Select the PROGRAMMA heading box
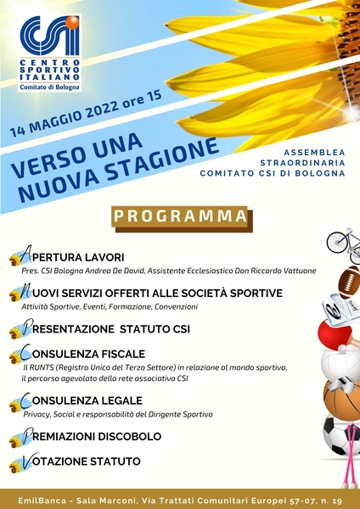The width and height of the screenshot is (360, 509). [x=180, y=217]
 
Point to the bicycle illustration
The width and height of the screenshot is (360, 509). [x=343, y=241]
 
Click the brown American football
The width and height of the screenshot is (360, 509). [x=349, y=283]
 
